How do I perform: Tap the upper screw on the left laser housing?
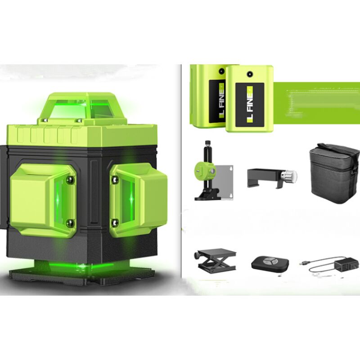(x=70, y=180)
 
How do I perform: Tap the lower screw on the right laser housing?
(x=115, y=221)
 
